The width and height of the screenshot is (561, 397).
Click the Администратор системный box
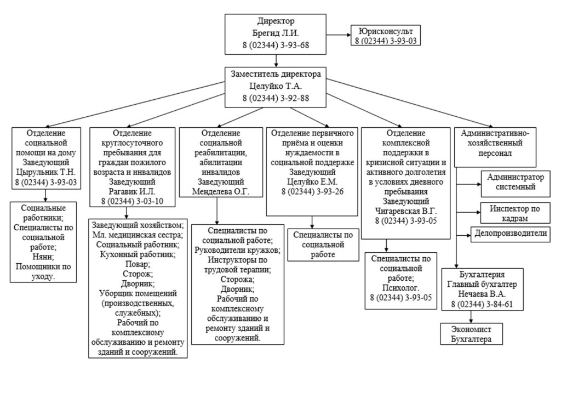[x=516, y=183]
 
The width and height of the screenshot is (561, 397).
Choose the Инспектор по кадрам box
[x=516, y=213]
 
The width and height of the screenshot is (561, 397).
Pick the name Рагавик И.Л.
[x=133, y=192]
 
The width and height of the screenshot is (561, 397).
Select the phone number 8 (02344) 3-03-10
[x=133, y=202]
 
